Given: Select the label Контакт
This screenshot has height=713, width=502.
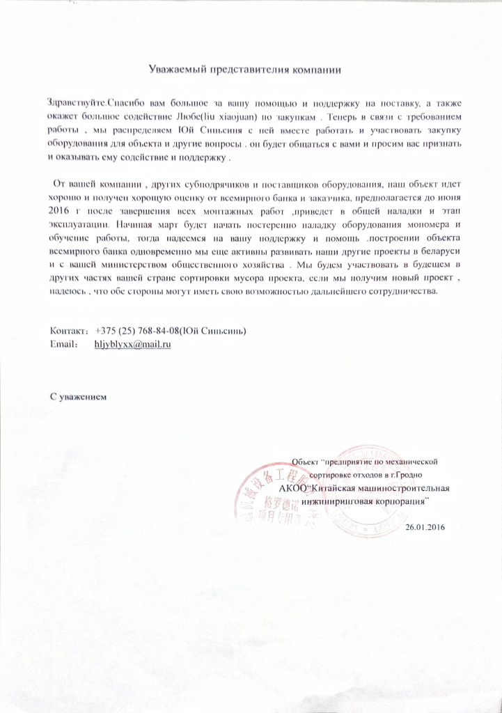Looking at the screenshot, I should click(68, 330).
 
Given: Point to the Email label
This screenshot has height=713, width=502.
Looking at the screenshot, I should click(63, 344).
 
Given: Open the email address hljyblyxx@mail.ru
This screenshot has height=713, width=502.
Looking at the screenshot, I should click(132, 344).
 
